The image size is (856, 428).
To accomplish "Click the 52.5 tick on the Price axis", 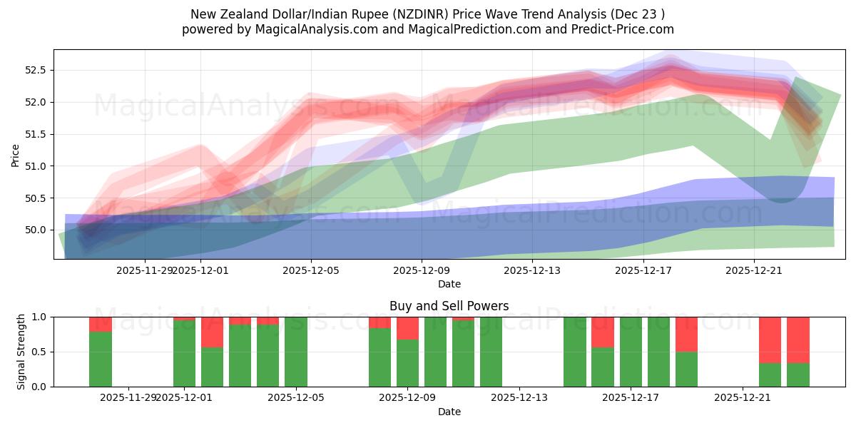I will click(x=36, y=70).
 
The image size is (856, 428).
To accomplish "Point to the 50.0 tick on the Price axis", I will click(x=36, y=230).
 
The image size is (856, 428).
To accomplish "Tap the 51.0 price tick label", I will click(x=36, y=166).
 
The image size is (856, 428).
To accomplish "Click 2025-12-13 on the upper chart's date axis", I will click(x=533, y=270).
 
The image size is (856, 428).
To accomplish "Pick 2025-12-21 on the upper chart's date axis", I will click(x=754, y=270).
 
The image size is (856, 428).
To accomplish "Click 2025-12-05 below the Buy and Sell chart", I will click(x=295, y=397).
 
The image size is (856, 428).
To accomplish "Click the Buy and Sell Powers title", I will click(x=449, y=306).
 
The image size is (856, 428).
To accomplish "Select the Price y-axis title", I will click(x=16, y=155).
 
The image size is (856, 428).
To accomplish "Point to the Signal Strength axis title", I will click(x=21, y=352).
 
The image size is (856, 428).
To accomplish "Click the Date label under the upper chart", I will click(x=449, y=284).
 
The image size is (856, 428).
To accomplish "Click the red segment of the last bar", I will click(x=798, y=340).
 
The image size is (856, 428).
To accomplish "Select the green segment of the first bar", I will click(x=101, y=359).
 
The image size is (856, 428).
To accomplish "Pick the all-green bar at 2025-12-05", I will click(x=295, y=352).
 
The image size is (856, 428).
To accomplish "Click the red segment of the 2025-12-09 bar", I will click(x=407, y=327).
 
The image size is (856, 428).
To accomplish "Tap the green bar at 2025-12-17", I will click(x=631, y=352).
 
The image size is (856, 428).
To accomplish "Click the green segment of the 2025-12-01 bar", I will click(x=184, y=353).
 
